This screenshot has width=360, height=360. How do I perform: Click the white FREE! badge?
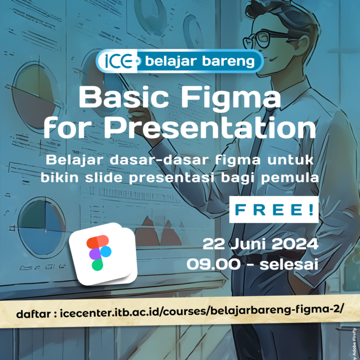(x=273, y=210)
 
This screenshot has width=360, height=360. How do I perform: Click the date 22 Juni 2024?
(x=260, y=244)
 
